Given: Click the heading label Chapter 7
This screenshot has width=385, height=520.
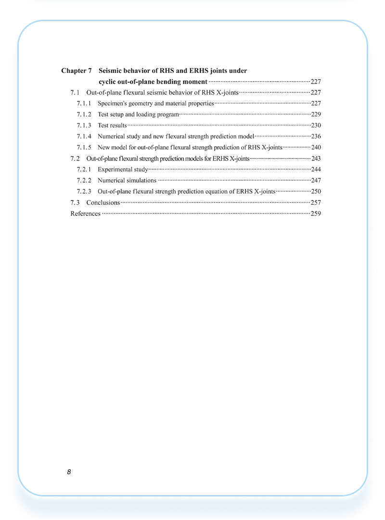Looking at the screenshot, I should [76, 71].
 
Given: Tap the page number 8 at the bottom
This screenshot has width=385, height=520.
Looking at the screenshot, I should [69, 472].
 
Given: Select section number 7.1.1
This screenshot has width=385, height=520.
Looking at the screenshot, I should [84, 103].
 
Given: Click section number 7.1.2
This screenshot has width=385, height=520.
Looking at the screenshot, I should [84, 114].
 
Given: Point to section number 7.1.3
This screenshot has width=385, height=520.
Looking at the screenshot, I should [84, 125].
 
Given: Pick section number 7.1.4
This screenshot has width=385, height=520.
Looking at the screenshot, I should [84, 136].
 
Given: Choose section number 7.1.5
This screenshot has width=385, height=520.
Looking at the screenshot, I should [84, 147].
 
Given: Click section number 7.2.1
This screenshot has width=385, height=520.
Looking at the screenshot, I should [84, 169].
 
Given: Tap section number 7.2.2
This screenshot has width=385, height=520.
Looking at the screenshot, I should [84, 180].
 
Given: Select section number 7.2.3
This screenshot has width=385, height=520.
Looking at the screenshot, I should [84, 191].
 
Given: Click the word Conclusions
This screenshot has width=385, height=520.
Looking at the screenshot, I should [103, 202].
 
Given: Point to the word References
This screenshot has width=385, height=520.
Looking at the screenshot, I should [86, 213].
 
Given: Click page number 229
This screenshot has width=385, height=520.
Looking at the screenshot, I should [316, 114].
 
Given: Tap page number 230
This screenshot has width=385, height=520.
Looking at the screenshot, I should [316, 125].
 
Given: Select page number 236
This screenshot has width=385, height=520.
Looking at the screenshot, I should [316, 136].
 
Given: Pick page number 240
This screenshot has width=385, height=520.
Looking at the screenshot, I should [316, 147].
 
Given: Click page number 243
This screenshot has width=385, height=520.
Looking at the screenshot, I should [316, 158].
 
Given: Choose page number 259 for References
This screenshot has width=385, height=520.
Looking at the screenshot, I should [316, 213].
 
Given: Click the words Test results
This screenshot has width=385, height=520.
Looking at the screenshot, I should [112, 125].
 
